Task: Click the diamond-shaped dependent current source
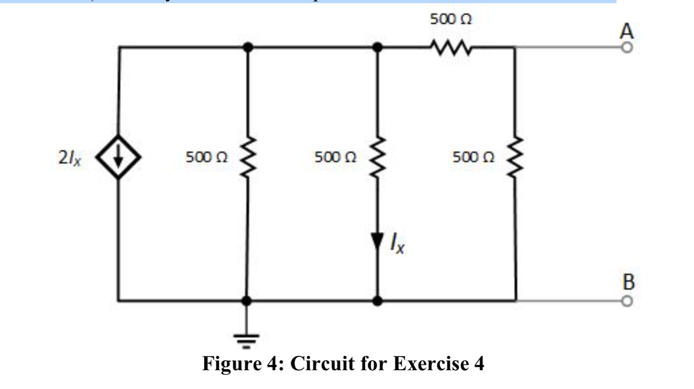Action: click(118, 158)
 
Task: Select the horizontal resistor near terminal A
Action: click(451, 48)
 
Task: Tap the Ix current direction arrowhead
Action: click(378, 240)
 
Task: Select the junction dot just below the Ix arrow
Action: click(378, 300)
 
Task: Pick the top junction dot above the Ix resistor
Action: click(378, 48)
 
